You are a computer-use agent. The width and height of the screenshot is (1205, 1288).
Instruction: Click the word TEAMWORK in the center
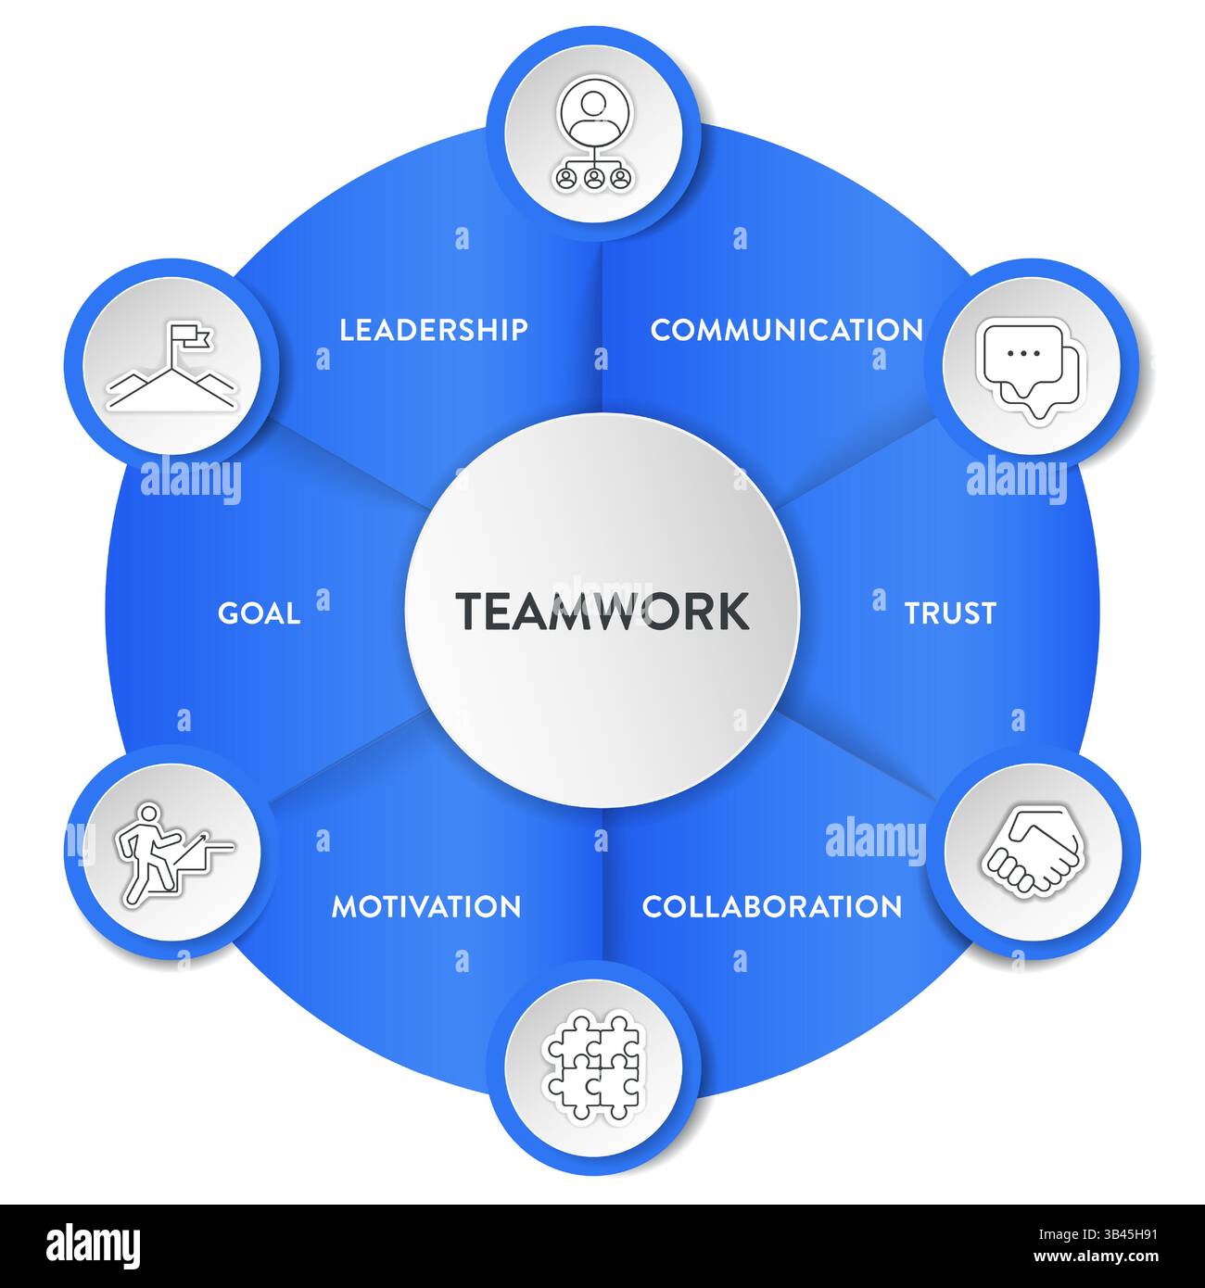(x=602, y=611)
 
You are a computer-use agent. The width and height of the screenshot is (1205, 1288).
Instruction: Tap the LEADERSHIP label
(x=434, y=330)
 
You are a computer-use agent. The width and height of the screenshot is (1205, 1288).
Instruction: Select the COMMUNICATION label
(x=786, y=330)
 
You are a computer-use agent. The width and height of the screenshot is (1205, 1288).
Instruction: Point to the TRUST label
(x=950, y=613)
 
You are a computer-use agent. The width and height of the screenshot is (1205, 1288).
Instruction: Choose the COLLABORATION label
(x=771, y=906)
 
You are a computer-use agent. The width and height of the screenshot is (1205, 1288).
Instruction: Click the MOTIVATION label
(x=426, y=906)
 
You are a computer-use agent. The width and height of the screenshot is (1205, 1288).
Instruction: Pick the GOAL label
(x=259, y=613)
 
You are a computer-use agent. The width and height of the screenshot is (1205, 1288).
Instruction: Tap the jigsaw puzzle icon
(x=593, y=1067)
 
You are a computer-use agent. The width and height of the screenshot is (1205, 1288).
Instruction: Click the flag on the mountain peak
(x=192, y=338)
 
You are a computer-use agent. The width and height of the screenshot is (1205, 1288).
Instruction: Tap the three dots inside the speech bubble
(x=1023, y=353)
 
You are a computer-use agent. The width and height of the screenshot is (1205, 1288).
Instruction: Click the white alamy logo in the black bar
(x=93, y=1246)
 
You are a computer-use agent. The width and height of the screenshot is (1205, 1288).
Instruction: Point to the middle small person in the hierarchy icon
(x=594, y=178)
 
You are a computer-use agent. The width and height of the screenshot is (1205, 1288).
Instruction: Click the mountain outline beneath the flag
(x=171, y=388)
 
